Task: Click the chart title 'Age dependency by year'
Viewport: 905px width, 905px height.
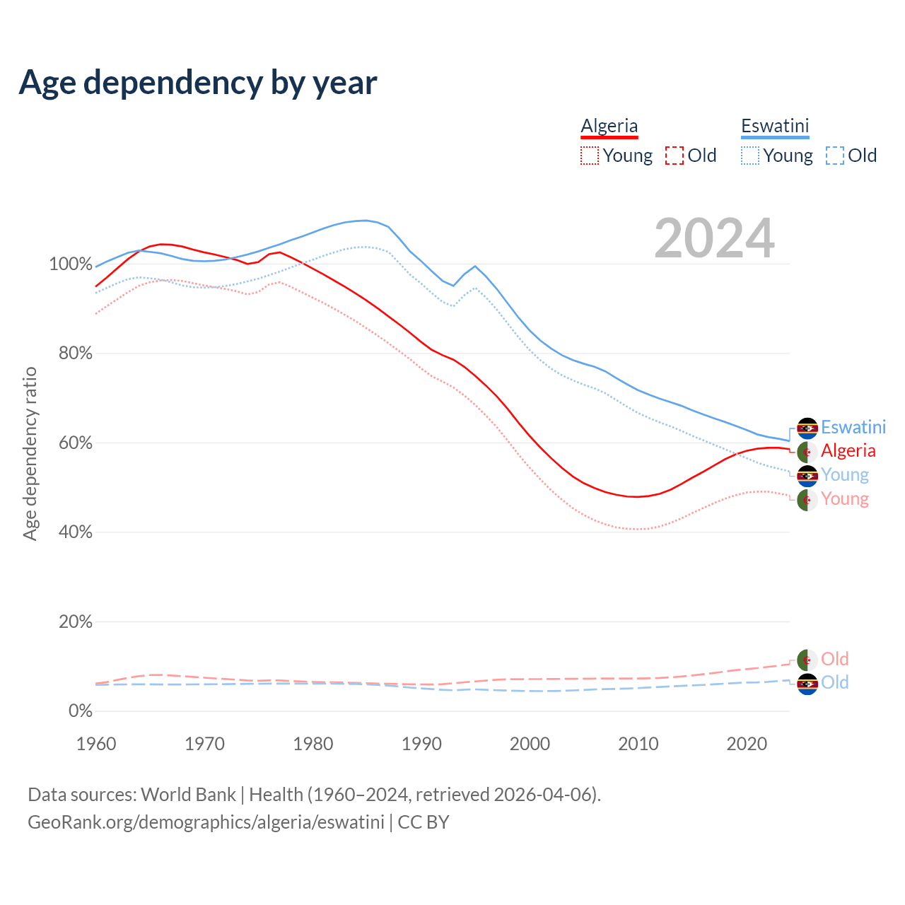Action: pos(198,83)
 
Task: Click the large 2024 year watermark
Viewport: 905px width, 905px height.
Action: pos(714,238)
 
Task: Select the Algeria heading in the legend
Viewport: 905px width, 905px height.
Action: pos(609,126)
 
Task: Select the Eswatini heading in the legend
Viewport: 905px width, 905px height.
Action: pos(775,126)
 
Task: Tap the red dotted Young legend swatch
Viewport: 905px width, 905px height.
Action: pos(590,156)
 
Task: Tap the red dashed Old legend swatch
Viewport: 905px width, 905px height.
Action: pos(675,156)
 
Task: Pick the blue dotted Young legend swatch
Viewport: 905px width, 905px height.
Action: pos(750,156)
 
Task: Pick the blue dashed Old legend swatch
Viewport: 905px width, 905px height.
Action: pos(835,156)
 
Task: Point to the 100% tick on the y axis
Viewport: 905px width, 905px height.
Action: pos(71,264)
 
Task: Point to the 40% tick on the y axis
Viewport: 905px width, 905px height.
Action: pos(75,532)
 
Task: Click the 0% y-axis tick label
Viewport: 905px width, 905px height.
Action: pos(81,711)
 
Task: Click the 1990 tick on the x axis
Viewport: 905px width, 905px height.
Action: pos(421,744)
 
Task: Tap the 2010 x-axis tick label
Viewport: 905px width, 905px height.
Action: pos(638,744)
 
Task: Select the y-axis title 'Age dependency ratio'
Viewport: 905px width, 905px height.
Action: pos(30,453)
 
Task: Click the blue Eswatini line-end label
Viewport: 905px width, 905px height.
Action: pos(853,427)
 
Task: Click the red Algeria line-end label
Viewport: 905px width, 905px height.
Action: pos(848,451)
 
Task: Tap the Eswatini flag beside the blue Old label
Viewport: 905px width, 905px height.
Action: pos(807,684)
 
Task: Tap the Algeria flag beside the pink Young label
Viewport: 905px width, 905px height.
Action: pos(807,500)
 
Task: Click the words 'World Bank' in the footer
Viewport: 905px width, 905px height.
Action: pos(188,795)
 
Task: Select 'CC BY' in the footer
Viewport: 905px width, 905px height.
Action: pos(424,822)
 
